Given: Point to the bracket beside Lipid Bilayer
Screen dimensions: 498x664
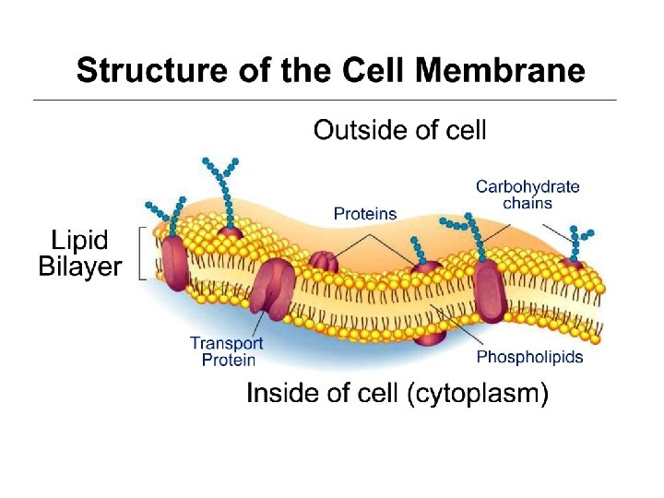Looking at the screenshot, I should point(141,251).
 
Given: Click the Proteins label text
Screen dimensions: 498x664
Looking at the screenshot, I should point(365,214).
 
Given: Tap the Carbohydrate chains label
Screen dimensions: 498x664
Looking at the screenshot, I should point(528,195).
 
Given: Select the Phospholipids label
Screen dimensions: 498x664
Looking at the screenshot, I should point(529,357).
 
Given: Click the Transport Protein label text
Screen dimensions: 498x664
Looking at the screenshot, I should point(227,351).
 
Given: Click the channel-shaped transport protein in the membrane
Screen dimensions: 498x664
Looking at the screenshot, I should point(272,285).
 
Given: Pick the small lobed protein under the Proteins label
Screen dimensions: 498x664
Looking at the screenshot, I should point(323,262).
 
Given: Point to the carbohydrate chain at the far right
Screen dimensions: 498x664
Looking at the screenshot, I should point(578,243).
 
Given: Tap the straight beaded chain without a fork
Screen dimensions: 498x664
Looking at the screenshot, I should point(419,246).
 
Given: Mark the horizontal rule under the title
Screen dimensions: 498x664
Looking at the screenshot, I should point(324,100).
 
